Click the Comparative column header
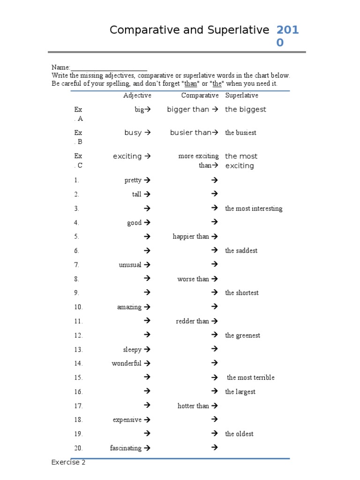pos(200,95)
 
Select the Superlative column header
pos(241,95)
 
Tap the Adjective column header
pos(137,95)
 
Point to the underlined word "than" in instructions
pos(191,83)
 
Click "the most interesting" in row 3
pos(254,209)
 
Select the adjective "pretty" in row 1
pos(133,180)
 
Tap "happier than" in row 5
pos(191,237)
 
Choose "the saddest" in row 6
pos(241,251)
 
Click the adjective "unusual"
pos(130,265)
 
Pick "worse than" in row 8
pos(193,279)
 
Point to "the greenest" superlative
pos(242,335)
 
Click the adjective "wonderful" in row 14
pos(126,363)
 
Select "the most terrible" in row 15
pos(251,377)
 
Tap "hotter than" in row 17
pos(193,406)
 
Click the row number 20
pos(78,448)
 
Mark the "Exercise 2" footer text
pos(68,463)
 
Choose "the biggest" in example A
pos(245,109)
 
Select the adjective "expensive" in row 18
pos(127,420)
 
